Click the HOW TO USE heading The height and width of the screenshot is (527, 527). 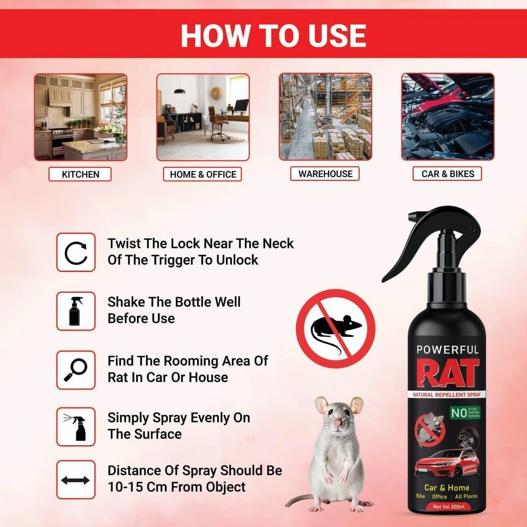(273, 35)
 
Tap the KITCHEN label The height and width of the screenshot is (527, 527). (80, 174)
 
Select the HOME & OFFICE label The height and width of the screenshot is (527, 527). (203, 174)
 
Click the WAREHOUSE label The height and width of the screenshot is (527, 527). (325, 174)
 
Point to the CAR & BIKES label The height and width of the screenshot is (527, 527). (448, 174)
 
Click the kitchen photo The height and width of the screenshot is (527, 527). (81, 117)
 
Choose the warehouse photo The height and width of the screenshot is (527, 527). (325, 117)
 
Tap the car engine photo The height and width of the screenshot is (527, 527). (448, 117)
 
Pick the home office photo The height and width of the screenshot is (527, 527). (203, 117)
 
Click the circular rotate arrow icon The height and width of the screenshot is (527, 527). (76, 253)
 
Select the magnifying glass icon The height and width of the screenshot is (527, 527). (76, 370)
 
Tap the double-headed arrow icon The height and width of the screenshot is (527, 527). (76, 480)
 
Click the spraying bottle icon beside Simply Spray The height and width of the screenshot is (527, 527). (76, 426)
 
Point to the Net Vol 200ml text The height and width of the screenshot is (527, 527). (448, 506)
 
